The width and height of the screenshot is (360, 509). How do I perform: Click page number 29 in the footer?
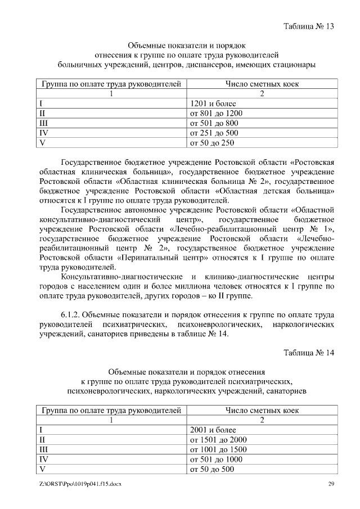(331, 485)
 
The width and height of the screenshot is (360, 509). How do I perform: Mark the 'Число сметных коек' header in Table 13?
(262, 84)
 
